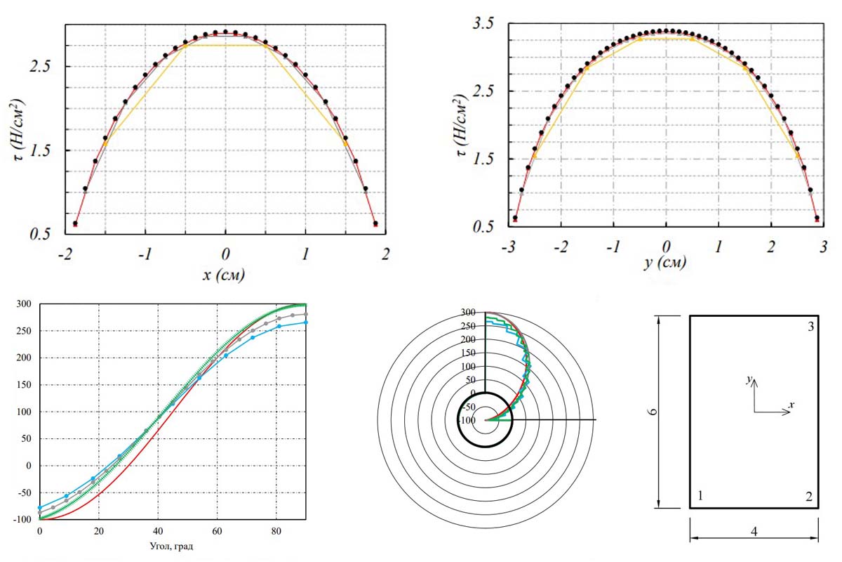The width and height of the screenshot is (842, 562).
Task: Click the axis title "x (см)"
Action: tap(224, 276)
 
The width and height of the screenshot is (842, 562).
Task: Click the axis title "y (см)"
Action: tap(665, 263)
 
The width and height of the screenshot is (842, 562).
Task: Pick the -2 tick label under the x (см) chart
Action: tap(65, 253)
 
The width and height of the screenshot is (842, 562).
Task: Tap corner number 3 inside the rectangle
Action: tap(810, 327)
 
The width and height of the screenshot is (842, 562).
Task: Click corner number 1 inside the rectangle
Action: tap(700, 497)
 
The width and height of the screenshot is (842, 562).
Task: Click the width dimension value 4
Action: tap(754, 532)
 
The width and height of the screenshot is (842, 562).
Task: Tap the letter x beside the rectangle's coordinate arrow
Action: tap(791, 405)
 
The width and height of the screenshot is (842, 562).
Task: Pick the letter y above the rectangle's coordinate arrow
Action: tap(749, 380)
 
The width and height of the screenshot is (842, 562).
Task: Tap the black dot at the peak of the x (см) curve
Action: tap(225, 32)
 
